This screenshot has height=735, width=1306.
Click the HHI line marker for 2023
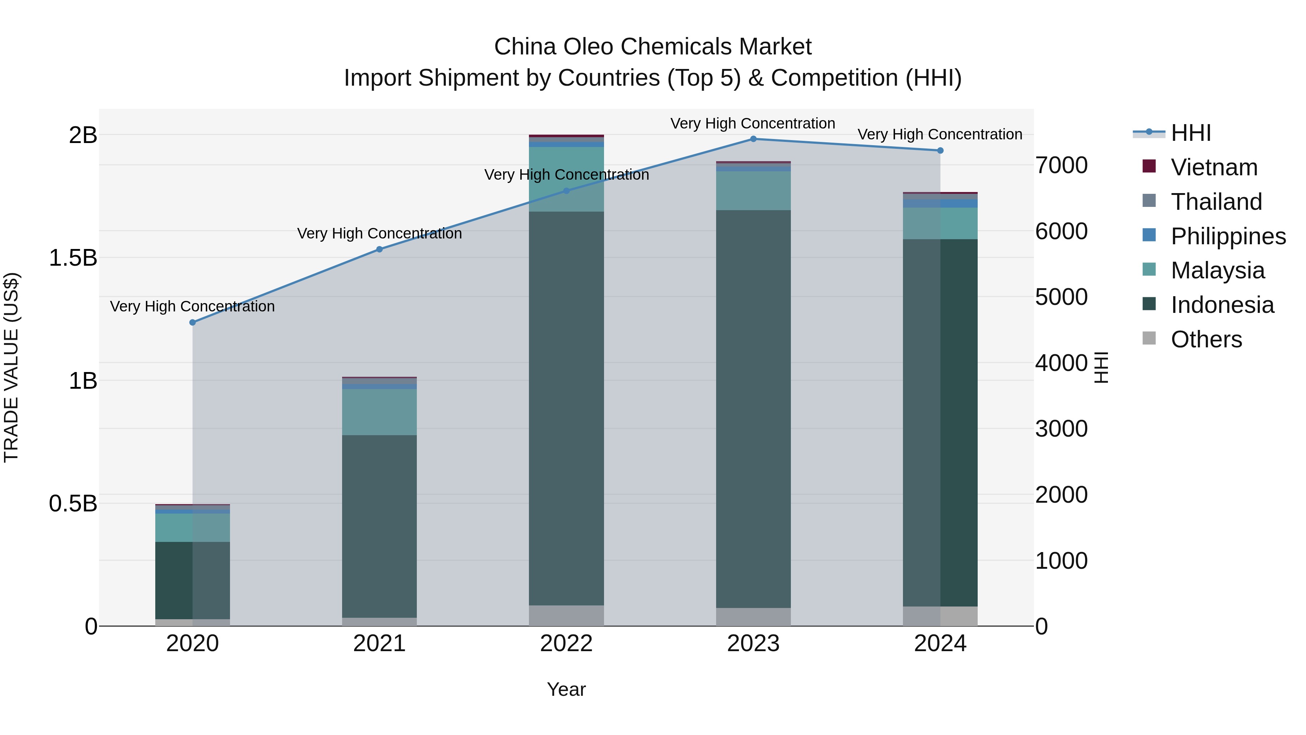coord(753,139)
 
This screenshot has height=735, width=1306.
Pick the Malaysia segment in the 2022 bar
coord(566,179)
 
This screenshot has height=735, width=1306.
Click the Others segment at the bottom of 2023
coord(753,617)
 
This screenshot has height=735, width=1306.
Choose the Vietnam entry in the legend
coord(1214,167)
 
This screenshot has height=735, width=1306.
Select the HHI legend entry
coord(1190,133)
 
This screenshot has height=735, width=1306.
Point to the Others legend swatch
coord(1149,338)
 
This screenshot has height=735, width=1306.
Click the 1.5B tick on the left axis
coord(73,258)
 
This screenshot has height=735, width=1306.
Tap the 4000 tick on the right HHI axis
coord(1061,363)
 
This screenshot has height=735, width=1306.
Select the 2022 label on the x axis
coord(566,644)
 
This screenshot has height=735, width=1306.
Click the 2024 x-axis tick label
coord(940,644)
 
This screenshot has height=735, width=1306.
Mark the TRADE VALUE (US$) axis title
coord(11,367)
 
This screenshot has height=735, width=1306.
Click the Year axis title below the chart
coord(566,689)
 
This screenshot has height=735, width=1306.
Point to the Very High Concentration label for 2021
coord(379,233)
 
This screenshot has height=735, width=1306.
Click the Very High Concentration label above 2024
coord(940,134)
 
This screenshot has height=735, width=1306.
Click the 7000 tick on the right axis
coord(1061,166)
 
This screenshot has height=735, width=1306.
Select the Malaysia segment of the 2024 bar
coord(940,223)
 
